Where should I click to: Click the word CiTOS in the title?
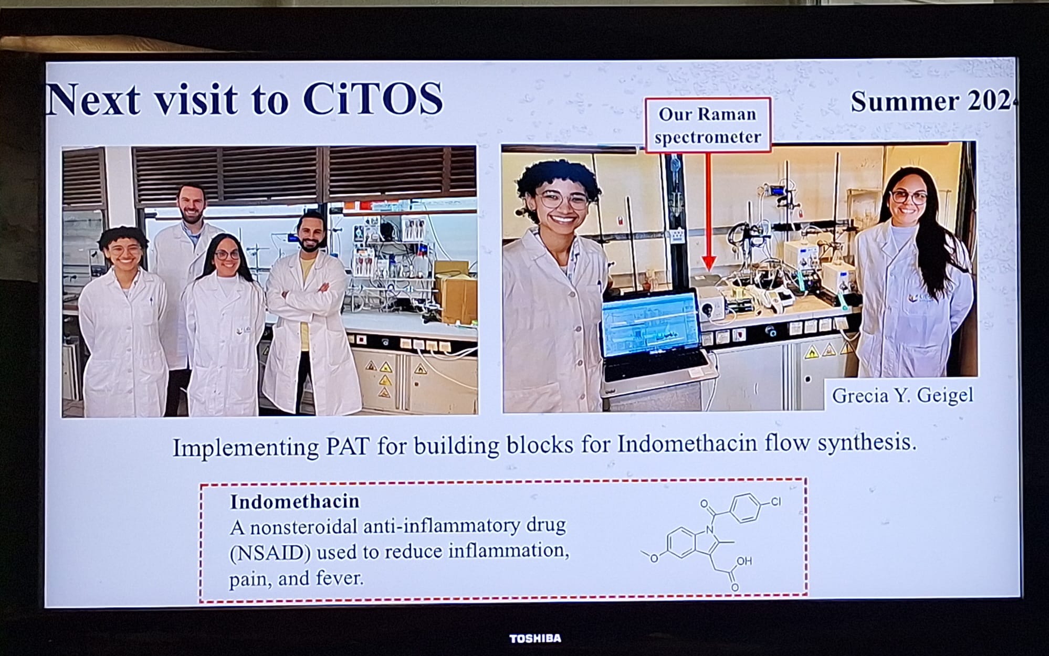(373, 98)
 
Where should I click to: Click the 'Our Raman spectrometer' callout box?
(708, 125)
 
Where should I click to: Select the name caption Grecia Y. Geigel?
(903, 395)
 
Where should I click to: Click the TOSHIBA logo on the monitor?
(535, 638)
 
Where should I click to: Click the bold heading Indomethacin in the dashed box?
(295, 502)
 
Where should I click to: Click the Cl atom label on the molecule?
(775, 502)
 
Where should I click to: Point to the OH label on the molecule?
(744, 562)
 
